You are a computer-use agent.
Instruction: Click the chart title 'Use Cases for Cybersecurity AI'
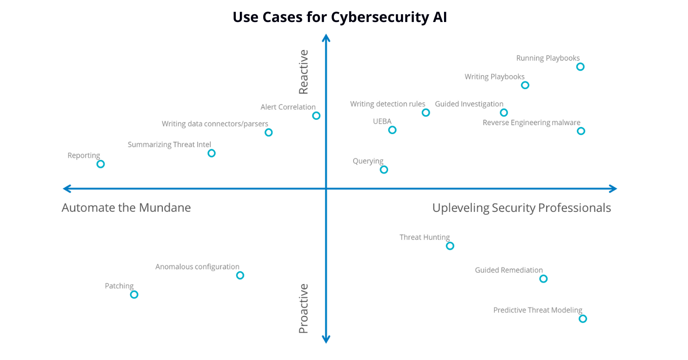tap(339, 17)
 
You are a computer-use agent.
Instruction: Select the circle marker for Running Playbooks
tap(580, 67)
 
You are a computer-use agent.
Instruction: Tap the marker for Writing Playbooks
tap(525, 85)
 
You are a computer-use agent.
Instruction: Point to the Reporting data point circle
tap(100, 164)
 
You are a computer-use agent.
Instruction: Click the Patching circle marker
tap(134, 294)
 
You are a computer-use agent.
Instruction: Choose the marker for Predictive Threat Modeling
tap(583, 319)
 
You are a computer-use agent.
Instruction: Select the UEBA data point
tap(392, 130)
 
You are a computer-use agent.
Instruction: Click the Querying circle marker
tap(384, 170)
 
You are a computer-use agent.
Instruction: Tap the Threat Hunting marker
tap(450, 246)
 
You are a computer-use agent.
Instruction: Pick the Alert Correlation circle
tap(316, 116)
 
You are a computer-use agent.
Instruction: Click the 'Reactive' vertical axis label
tap(304, 72)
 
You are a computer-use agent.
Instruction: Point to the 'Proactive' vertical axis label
tap(304, 308)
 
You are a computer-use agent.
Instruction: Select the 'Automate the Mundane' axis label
tap(126, 208)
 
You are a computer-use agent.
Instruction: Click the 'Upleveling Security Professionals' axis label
tap(522, 208)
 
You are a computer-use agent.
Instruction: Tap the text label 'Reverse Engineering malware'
tap(531, 122)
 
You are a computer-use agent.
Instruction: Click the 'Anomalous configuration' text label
tap(197, 266)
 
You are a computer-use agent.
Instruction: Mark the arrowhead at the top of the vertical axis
tap(326, 38)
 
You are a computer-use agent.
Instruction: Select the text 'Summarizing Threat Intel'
tap(169, 145)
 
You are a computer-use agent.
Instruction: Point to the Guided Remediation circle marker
tap(543, 279)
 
